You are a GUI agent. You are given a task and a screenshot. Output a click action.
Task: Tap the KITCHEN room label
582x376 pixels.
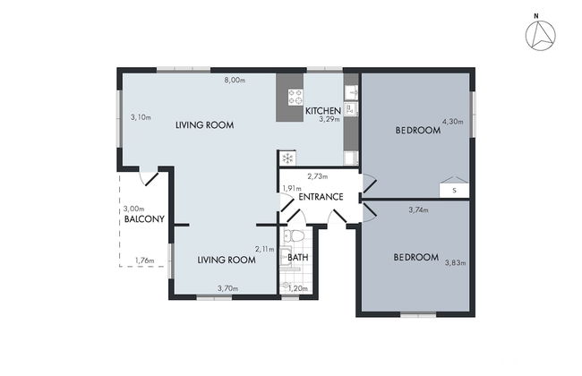[x=322, y=111]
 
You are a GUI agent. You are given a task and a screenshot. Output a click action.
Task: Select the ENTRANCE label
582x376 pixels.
[x=321, y=196]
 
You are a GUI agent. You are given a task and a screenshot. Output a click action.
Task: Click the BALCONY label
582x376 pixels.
[x=143, y=218]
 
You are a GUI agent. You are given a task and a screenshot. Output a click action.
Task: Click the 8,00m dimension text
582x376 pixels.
[x=235, y=81]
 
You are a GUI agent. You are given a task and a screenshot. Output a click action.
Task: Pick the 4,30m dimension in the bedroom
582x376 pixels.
[x=453, y=121]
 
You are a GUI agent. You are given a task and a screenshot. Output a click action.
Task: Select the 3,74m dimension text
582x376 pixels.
[x=418, y=210]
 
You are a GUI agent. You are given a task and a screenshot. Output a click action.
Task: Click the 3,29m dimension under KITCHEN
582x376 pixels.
[x=330, y=119]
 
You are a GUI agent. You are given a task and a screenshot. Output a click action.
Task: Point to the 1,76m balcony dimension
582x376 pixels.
[x=143, y=261]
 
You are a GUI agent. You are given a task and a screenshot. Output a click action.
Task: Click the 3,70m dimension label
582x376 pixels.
[x=227, y=287]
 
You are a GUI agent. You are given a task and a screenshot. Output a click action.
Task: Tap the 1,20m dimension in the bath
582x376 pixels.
[x=298, y=287]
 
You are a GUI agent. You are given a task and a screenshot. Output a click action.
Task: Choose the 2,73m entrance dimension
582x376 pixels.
[x=317, y=176]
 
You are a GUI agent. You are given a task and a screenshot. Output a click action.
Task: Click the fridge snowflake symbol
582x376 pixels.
[x=287, y=158]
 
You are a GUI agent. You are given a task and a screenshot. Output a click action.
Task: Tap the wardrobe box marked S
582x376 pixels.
[x=454, y=190]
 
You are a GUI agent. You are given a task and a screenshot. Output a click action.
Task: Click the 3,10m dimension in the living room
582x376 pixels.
[x=141, y=117]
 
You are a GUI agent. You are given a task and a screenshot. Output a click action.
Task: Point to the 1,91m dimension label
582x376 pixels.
[x=289, y=189]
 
